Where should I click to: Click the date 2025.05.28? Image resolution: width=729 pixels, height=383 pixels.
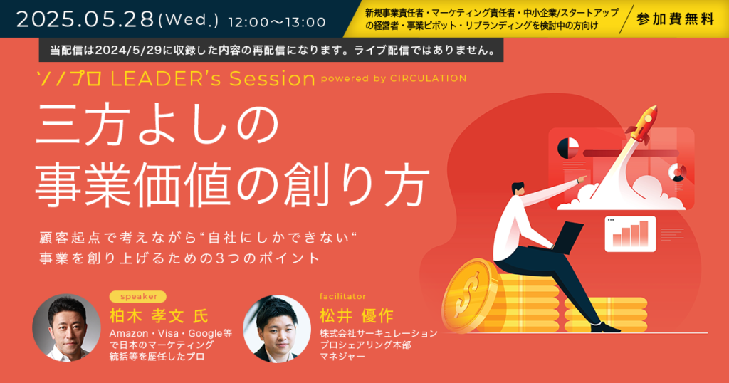click(x=85, y=19)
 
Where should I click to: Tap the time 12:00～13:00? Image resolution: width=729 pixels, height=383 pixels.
click(x=277, y=22)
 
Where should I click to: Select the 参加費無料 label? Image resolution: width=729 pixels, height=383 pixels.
click(x=675, y=19)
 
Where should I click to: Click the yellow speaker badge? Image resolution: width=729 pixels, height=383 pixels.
click(x=138, y=297)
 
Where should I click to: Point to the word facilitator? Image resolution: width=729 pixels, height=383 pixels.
click(x=342, y=296)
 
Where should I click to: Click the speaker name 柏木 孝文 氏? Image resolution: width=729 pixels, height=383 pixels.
click(x=159, y=316)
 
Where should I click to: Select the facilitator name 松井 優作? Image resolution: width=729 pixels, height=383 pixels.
click(x=357, y=316)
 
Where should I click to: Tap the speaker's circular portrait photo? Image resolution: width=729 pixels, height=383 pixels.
click(x=66, y=327)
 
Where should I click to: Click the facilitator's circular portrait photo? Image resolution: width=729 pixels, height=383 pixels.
click(x=277, y=329)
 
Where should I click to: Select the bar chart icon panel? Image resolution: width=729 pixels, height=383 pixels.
click(x=630, y=234)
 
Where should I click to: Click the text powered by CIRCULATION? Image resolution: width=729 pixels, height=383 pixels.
click(x=394, y=78)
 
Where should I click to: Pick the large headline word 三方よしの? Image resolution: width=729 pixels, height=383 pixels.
click(x=157, y=125)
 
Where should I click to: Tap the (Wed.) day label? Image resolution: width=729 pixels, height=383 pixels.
click(x=188, y=21)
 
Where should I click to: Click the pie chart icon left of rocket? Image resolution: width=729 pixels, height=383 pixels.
click(x=568, y=148)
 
